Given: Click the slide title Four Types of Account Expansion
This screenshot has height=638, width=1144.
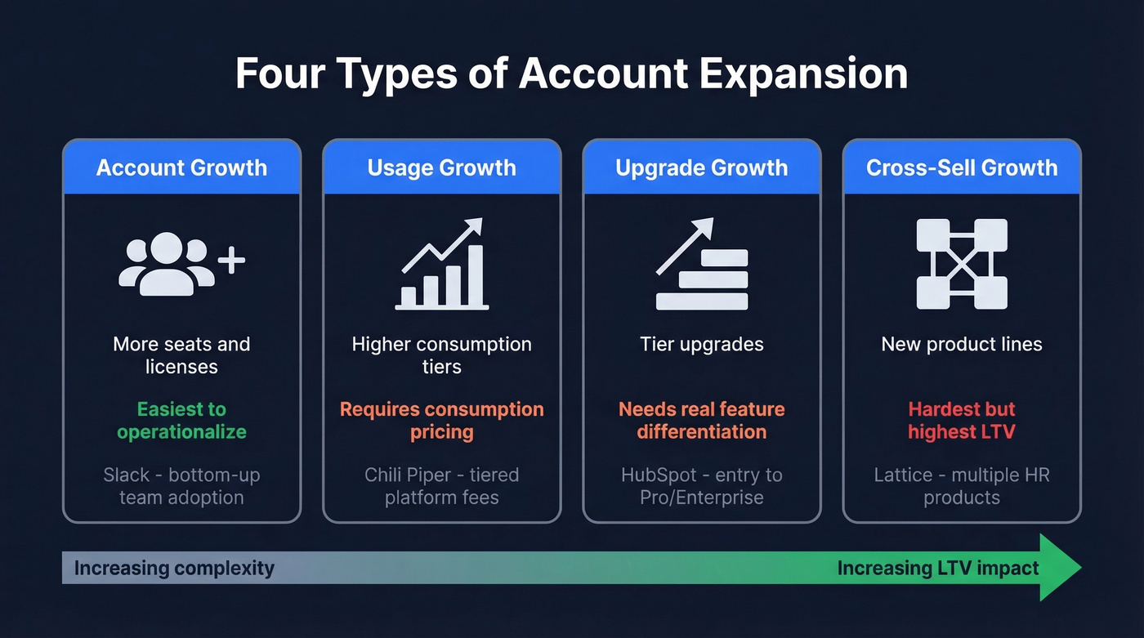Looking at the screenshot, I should [x=571, y=74].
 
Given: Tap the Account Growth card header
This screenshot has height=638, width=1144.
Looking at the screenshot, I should [x=181, y=167].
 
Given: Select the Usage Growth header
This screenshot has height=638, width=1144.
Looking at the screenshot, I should [x=441, y=167].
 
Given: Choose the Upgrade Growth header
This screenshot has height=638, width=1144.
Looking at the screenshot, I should [x=701, y=167].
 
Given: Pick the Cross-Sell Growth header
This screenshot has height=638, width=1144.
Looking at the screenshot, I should [x=962, y=167].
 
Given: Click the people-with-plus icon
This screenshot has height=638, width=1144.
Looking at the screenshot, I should [x=181, y=263].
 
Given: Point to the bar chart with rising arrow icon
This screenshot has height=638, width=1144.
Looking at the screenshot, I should [x=442, y=265].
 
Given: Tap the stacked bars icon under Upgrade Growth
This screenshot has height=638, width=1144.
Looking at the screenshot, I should [x=701, y=265].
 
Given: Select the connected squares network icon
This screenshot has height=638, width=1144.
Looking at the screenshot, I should [x=962, y=264].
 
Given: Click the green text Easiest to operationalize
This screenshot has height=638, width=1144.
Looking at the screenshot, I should [x=181, y=420].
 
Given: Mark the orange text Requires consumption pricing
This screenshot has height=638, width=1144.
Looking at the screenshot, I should [x=441, y=420].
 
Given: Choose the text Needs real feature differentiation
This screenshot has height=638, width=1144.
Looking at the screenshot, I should [x=701, y=420].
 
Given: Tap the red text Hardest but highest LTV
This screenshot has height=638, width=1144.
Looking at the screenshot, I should [x=962, y=420].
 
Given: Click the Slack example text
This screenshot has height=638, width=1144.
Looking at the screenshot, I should [x=181, y=485].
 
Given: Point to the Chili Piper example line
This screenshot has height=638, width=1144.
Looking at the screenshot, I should [x=441, y=485].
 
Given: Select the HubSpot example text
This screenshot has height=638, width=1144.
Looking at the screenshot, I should [x=701, y=485].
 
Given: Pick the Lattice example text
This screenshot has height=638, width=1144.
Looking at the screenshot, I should [x=962, y=485].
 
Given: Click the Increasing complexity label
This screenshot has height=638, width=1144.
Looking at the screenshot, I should [x=174, y=568].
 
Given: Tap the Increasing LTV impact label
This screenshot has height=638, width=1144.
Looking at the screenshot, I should [x=938, y=568].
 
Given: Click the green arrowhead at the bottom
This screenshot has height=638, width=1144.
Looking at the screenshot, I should [x=1061, y=568].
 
